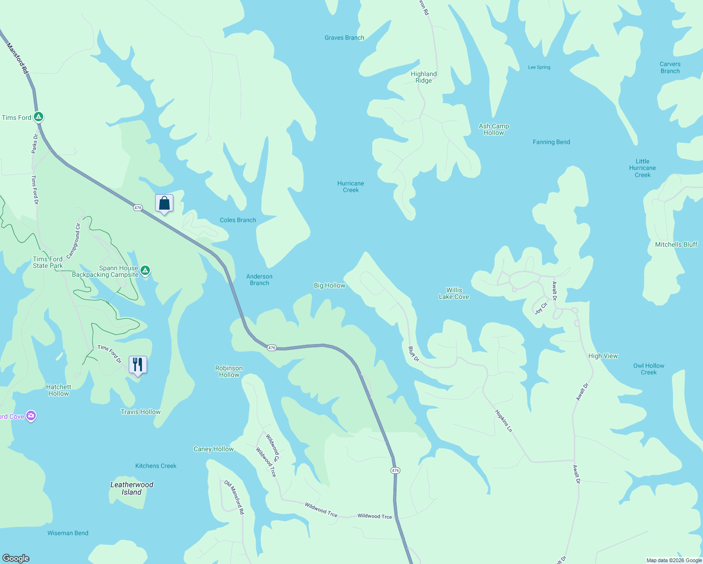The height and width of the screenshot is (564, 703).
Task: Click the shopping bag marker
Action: tap(164, 204)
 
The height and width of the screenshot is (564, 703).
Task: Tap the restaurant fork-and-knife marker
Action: tap(138, 365)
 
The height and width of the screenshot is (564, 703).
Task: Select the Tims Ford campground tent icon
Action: tap(39, 117)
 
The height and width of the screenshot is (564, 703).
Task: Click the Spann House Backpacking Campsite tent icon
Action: tap(146, 270)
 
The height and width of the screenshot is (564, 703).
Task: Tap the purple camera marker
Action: tap(31, 415)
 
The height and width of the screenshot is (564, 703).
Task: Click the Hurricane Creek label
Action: tap(351, 187)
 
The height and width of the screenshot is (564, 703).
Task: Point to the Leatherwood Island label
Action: tap(132, 488)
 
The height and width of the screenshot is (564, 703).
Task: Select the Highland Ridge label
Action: tap(423, 77)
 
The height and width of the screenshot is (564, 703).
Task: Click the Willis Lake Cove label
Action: tap(454, 293)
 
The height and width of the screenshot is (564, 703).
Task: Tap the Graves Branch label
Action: tap(344, 38)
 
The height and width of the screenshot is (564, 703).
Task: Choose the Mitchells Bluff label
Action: tap(676, 244)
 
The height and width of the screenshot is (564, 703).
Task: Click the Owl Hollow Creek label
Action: tap(648, 369)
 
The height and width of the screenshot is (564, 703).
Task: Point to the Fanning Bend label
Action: tap(551, 142)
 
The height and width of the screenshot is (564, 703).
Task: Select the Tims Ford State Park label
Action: tap(48, 262)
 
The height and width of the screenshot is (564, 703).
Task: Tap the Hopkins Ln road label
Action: tap(503, 421)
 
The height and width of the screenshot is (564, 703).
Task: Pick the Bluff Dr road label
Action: tap(414, 354)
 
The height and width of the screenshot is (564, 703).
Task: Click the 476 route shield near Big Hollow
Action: tap(272, 348)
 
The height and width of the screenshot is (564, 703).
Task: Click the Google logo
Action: tap(16, 558)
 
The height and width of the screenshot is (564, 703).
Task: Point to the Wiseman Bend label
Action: tap(68, 533)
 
